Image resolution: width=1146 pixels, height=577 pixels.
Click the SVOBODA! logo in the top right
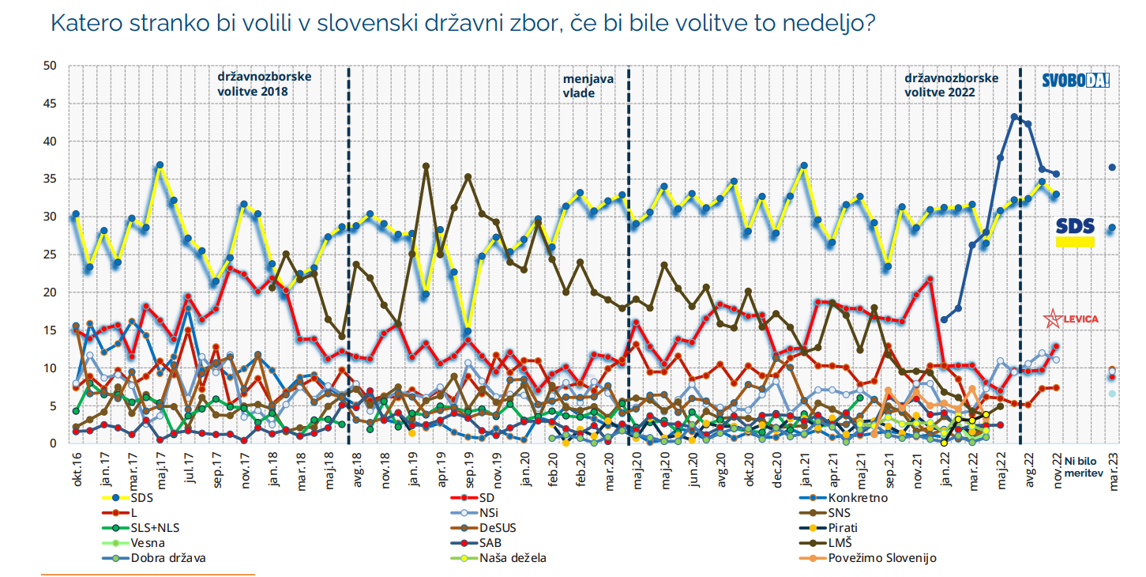[x=1075, y=80]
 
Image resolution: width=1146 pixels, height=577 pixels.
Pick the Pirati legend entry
[x=843, y=528]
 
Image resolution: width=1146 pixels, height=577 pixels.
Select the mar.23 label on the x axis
[x=1114, y=467]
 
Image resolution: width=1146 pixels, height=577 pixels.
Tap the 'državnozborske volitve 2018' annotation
[x=265, y=84]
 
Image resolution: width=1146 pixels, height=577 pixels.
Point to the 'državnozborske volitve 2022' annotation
[x=951, y=85]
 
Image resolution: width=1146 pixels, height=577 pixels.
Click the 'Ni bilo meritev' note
[x=1083, y=466]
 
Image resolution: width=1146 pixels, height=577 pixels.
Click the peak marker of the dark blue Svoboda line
[x=1014, y=117]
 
